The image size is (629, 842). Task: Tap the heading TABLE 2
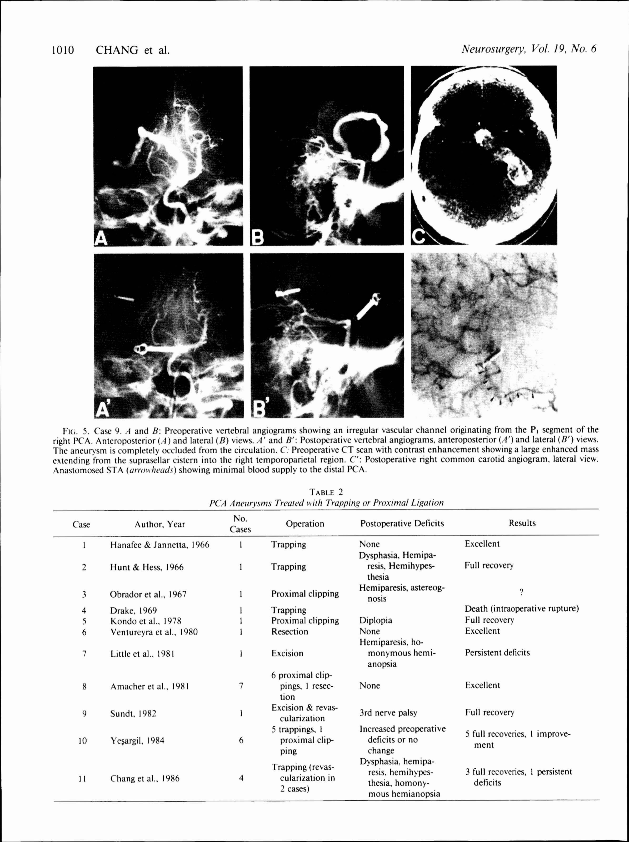click(x=326, y=492)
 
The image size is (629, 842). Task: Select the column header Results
click(x=522, y=523)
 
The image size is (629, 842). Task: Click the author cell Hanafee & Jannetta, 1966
click(x=159, y=545)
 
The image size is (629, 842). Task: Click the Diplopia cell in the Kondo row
click(x=375, y=620)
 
